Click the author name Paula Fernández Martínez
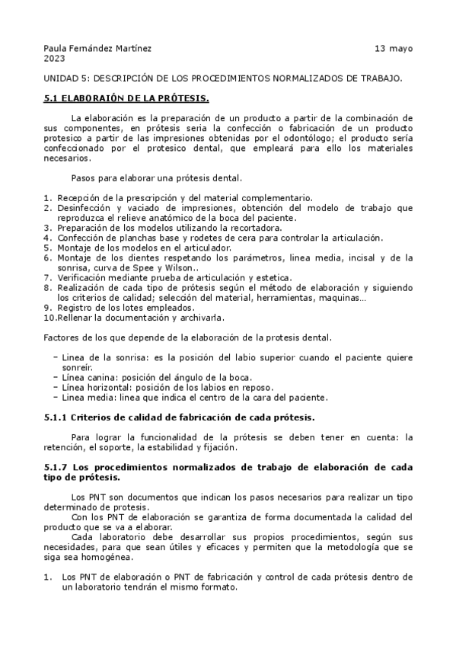pos(97,48)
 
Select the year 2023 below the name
pos(54,58)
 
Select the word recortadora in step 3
pos(257,228)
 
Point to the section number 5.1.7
pos(56,466)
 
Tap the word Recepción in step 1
pos(79,198)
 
